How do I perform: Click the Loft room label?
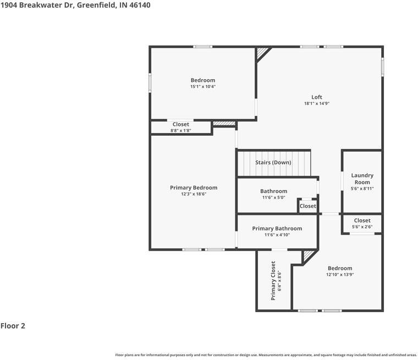[x=316, y=97]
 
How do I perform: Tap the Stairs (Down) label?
[x=273, y=163]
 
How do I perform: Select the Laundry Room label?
[x=362, y=179]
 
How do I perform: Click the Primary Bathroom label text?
[x=277, y=229]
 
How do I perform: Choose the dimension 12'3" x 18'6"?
[x=194, y=194]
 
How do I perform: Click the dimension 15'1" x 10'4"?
[x=203, y=86]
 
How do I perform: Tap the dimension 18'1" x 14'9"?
[x=316, y=103]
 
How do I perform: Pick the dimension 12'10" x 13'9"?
[x=339, y=274]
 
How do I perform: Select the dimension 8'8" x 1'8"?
[x=181, y=131]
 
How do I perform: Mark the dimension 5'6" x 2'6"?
[x=362, y=226]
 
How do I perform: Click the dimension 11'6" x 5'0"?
[x=273, y=197]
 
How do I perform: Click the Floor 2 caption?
[x=13, y=326]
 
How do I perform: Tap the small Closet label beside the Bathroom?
[x=308, y=206]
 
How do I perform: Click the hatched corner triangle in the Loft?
[x=262, y=52]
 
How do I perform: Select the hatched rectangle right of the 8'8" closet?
[x=224, y=124]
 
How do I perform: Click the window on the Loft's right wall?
[x=383, y=66]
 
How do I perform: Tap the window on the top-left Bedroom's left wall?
[x=150, y=82]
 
